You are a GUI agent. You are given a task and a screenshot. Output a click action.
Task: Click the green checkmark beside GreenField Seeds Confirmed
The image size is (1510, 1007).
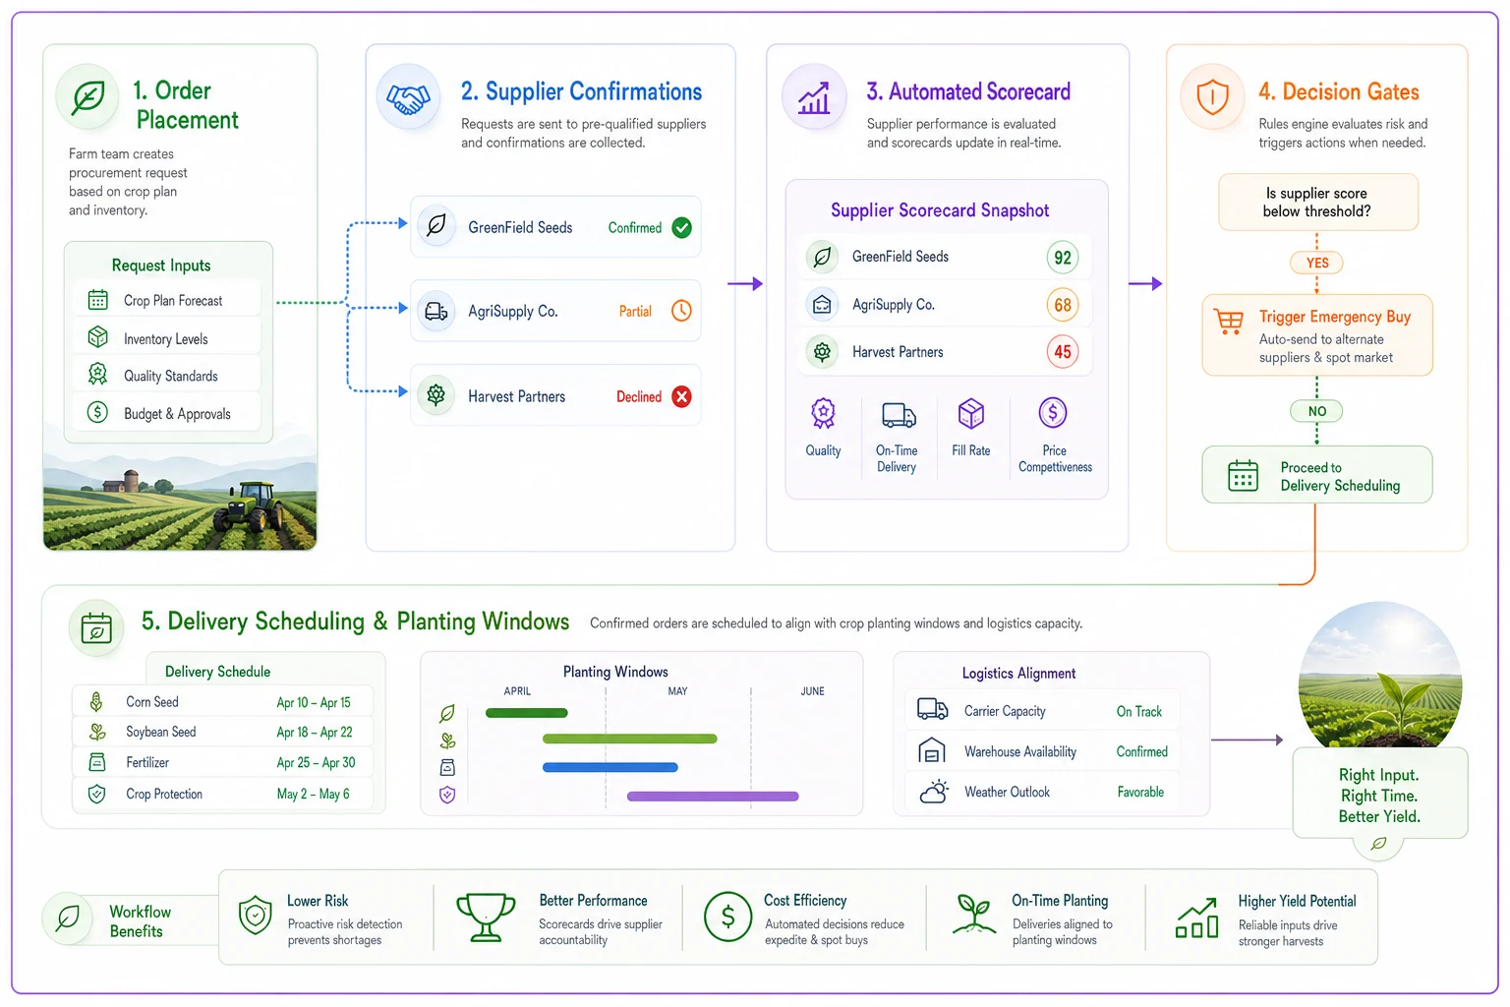[681, 227]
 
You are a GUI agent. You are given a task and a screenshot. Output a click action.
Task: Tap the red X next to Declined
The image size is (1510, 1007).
[681, 396]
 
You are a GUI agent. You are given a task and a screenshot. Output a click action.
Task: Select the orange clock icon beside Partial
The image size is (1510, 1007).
[681, 311]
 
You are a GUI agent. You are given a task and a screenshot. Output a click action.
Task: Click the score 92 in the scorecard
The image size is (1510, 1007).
[1063, 257]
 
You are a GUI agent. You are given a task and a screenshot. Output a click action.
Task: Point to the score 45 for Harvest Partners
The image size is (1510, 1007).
[1063, 351]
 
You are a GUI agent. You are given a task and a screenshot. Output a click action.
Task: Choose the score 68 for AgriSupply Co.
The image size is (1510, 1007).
[1063, 305]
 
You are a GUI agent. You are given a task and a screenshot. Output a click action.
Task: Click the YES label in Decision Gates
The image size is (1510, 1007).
[1316, 263]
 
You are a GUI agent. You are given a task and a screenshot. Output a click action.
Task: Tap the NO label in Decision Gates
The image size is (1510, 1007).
[1316, 411]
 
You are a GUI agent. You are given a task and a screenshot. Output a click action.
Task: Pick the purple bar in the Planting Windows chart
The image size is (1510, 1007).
[713, 797]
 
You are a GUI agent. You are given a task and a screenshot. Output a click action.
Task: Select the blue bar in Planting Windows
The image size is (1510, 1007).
[610, 767]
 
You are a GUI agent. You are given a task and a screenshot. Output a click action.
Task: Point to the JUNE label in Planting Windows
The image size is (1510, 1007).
[812, 691]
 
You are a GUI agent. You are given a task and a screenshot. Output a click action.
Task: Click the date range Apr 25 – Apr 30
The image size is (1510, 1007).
[316, 763]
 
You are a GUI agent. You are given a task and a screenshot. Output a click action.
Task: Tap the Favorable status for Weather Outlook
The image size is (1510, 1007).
[1140, 792]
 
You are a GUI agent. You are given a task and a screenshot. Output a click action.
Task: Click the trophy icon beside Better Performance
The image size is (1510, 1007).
[486, 917]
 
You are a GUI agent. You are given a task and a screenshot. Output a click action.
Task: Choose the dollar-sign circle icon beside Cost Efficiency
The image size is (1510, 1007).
[727, 917]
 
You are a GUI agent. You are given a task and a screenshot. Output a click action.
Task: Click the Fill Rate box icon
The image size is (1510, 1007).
[970, 413]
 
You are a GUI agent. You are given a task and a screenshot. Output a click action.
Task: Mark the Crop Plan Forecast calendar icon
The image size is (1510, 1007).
[97, 300]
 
